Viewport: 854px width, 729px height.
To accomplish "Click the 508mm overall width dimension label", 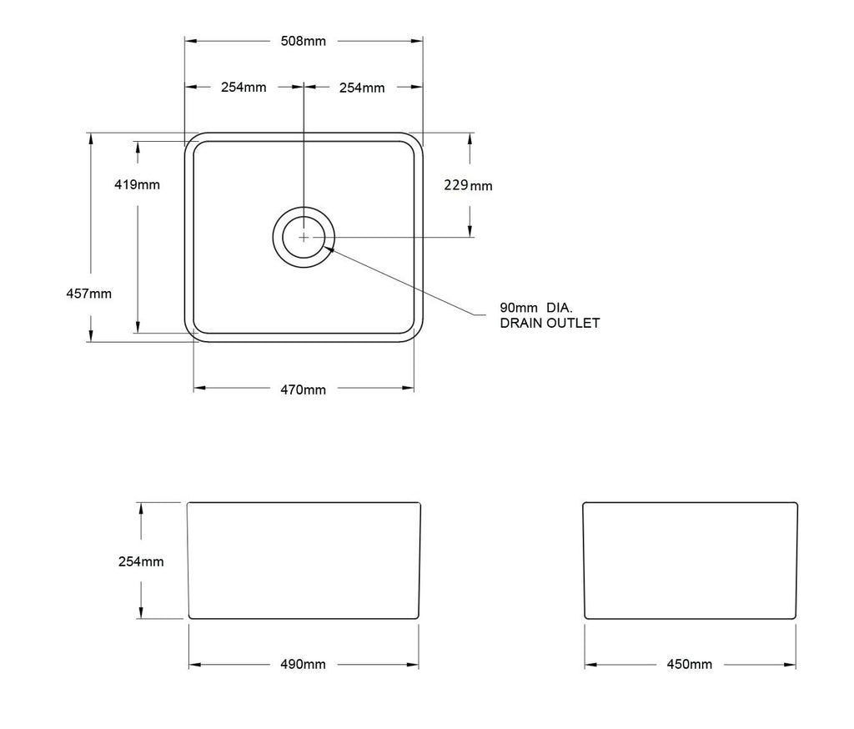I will pyautogui.click(x=303, y=41).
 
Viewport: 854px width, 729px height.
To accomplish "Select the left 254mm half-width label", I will pyautogui.click(x=244, y=87).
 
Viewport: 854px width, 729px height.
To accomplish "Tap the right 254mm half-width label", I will pyautogui.click(x=362, y=87).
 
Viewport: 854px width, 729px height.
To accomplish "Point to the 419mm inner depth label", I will pyautogui.click(x=137, y=184).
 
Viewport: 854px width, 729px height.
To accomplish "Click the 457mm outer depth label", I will pyautogui.click(x=88, y=293).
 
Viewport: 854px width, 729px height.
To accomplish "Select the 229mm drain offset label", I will pyautogui.click(x=468, y=185).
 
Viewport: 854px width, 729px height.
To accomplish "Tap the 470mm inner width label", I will pyautogui.click(x=303, y=390).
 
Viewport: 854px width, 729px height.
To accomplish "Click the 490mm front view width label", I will pyautogui.click(x=303, y=665).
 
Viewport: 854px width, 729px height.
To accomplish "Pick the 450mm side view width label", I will pyautogui.click(x=690, y=665).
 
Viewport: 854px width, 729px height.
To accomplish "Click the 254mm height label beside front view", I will pyautogui.click(x=141, y=561).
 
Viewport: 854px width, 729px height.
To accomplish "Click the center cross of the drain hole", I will pyautogui.click(x=304, y=237).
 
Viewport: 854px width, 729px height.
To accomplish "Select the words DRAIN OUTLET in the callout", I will pyautogui.click(x=550, y=323).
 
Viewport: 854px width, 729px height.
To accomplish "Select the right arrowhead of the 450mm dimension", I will pyautogui.click(x=791, y=665).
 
